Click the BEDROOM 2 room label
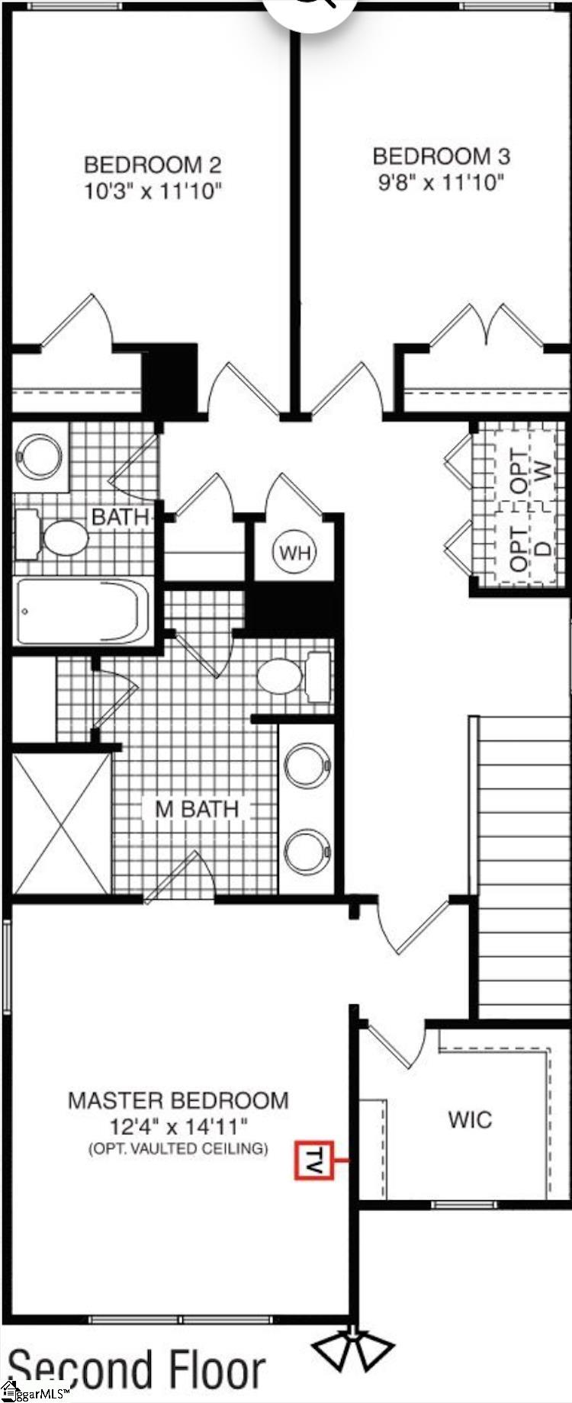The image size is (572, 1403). [153, 165]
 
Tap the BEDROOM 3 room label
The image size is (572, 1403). [441, 156]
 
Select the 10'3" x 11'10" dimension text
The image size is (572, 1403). [153, 191]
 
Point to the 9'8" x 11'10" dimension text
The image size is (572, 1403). [441, 183]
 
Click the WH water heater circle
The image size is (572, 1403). [295, 552]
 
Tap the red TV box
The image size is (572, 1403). [314, 1160]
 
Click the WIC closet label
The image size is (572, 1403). [470, 1119]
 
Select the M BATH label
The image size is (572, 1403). [197, 808]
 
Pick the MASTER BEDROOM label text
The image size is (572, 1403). [178, 1100]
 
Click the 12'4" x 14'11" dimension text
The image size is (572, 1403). [178, 1125]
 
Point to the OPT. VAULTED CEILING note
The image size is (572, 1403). [178, 1148]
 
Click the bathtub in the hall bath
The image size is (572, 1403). [82, 612]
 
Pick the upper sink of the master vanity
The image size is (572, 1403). [307, 765]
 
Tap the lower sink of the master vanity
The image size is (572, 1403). [307, 849]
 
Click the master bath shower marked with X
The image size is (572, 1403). [61, 823]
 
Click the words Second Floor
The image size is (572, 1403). [137, 1369]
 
